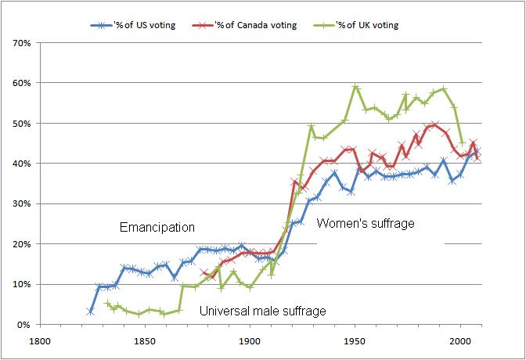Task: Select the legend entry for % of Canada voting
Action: point(250,25)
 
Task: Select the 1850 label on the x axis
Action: point(144,341)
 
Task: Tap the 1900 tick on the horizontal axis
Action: point(250,341)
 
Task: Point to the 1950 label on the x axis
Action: point(355,341)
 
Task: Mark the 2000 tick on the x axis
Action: point(460,341)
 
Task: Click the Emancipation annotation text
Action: point(157,228)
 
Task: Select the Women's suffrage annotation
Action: point(366,224)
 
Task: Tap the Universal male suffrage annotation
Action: point(262,311)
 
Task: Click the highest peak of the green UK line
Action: point(355,87)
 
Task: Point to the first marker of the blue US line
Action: point(90,311)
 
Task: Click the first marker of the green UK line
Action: point(107,303)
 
